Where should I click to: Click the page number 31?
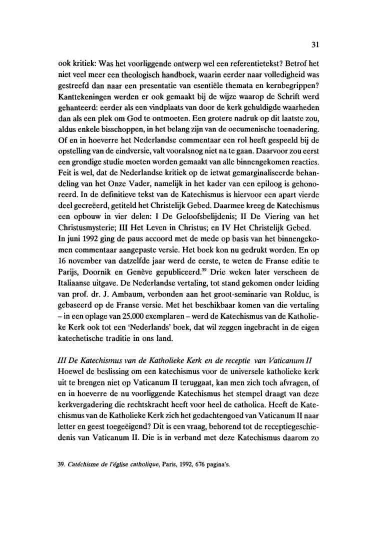314,44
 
